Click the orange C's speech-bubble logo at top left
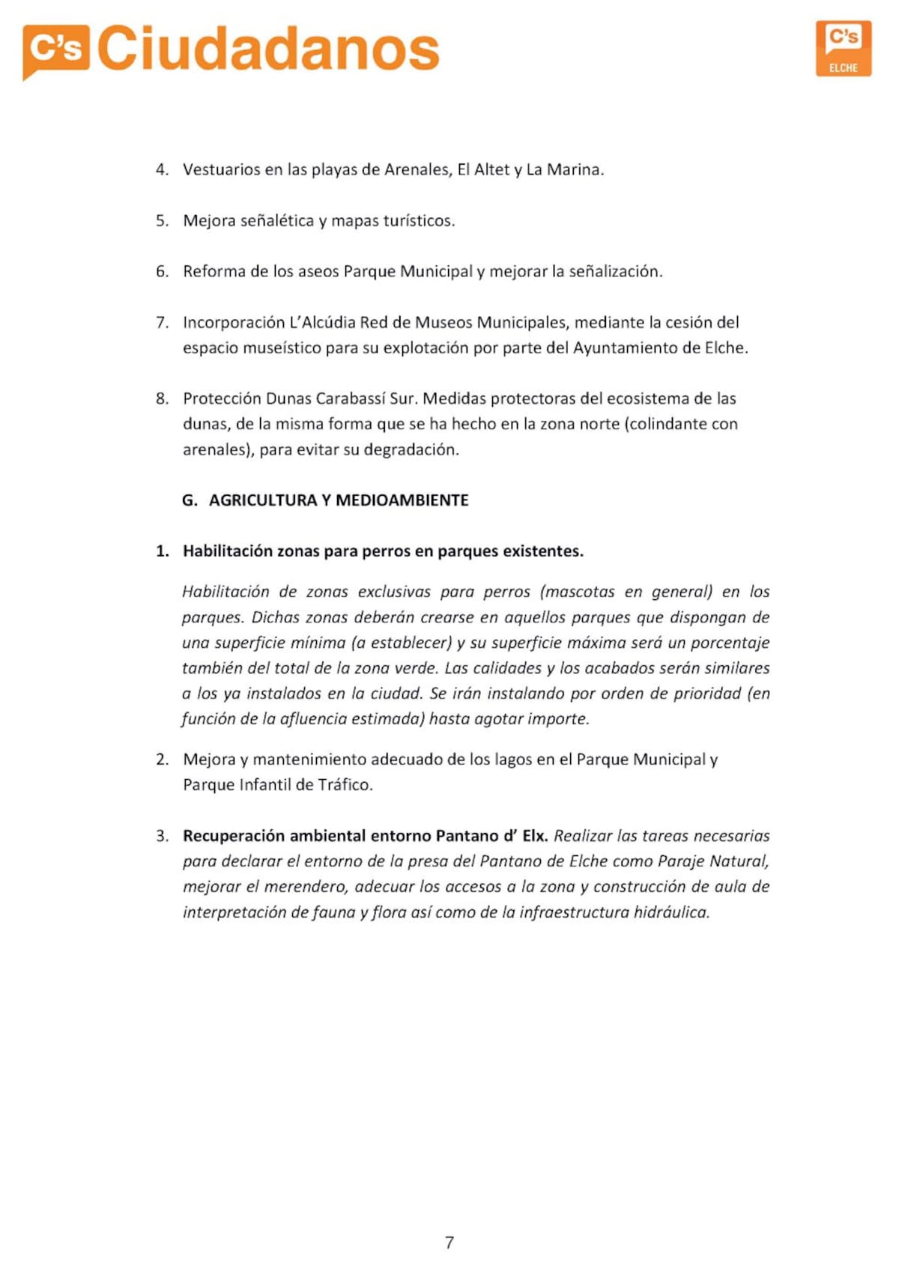[55, 50]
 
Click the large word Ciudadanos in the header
[268, 49]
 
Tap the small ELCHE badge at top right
[843, 49]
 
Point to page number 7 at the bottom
[449, 1242]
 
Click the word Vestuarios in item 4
[222, 169]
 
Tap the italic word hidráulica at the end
[671, 912]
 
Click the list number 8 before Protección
[162, 398]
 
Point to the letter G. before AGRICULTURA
[190, 500]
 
